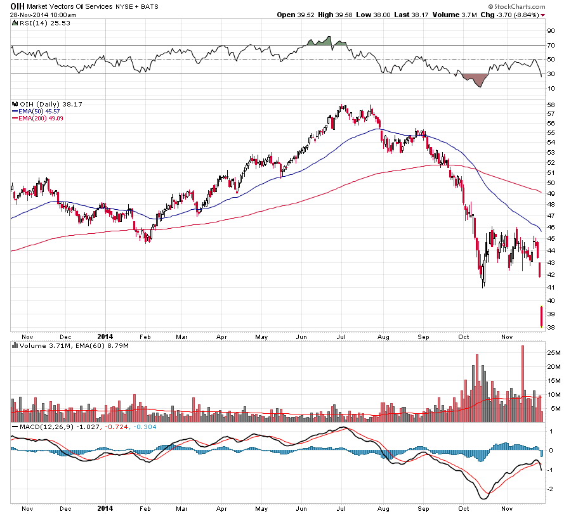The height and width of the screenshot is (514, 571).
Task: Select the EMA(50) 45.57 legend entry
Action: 39,111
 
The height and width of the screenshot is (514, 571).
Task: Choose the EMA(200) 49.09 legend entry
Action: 41,118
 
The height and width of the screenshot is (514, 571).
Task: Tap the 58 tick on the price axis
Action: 551,105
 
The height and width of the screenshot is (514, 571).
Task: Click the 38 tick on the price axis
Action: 551,328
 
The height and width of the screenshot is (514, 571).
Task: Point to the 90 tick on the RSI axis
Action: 551,31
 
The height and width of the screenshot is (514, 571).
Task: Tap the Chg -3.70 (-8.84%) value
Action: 511,15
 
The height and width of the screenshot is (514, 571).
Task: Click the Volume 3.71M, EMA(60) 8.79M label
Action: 74,346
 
